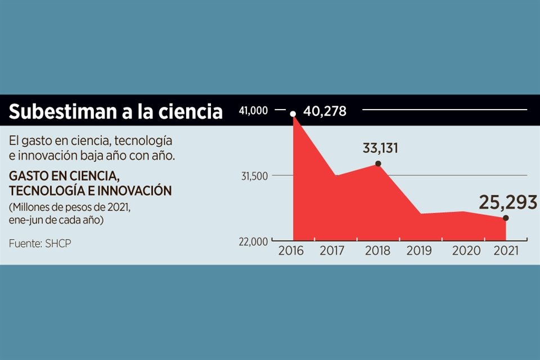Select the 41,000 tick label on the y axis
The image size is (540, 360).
pyautogui.click(x=254, y=111)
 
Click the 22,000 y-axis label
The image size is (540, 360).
pyautogui.click(x=254, y=241)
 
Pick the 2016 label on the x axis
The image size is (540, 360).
pyautogui.click(x=291, y=251)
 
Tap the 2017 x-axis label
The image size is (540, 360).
pyautogui.click(x=332, y=251)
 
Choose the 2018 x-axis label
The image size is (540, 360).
pyautogui.click(x=377, y=251)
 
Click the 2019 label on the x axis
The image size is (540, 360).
pyautogui.click(x=419, y=251)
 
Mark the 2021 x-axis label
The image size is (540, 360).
pyautogui.click(x=506, y=251)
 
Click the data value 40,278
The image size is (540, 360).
pyautogui.click(x=325, y=111)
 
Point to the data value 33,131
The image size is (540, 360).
pyautogui.click(x=380, y=148)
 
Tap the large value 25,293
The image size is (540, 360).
pyautogui.click(x=508, y=202)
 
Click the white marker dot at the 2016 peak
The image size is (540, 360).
pyautogui.click(x=293, y=114)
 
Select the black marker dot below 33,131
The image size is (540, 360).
pyautogui.click(x=378, y=164)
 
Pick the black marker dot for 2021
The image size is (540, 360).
pyautogui.click(x=506, y=218)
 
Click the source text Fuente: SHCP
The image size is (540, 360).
pyautogui.click(x=40, y=243)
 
